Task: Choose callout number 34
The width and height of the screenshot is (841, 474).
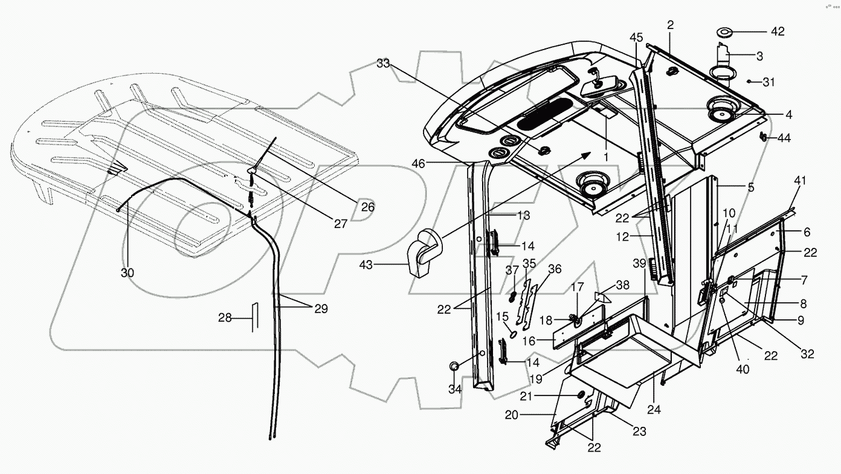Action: (x=454, y=389)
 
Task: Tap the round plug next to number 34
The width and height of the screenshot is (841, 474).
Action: (x=454, y=366)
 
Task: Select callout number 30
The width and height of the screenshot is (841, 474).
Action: (x=127, y=273)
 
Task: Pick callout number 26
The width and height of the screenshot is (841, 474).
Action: (x=367, y=207)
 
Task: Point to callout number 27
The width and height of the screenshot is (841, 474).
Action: (x=341, y=224)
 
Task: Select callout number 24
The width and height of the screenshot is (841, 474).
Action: (x=654, y=409)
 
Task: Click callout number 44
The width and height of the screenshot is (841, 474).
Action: (x=784, y=138)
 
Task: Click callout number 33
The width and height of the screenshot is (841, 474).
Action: (x=383, y=62)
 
